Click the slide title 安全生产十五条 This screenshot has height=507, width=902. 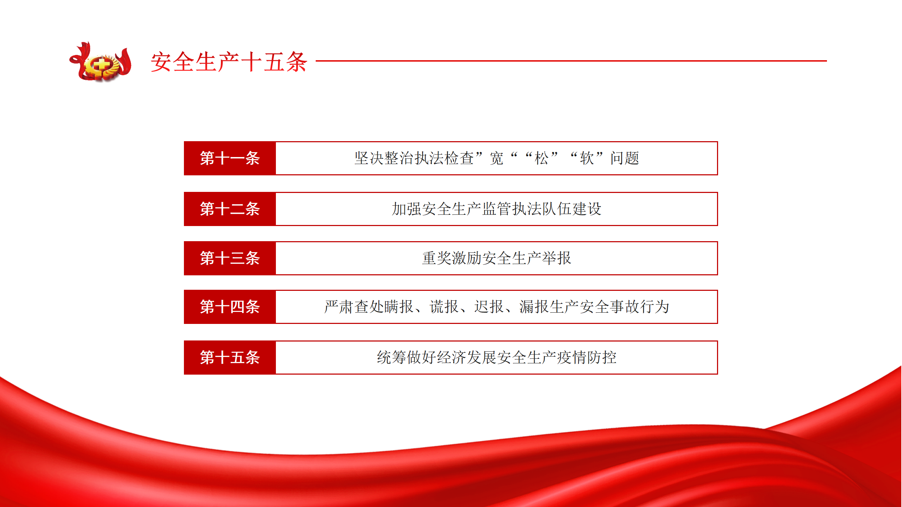(x=229, y=62)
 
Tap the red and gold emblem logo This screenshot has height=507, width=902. (x=100, y=62)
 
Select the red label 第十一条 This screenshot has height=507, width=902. (x=230, y=158)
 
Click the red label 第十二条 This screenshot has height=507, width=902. (x=230, y=209)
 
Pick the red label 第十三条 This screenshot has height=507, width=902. (x=230, y=258)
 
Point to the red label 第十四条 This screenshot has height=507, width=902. (x=230, y=307)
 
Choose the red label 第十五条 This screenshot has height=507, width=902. (x=230, y=357)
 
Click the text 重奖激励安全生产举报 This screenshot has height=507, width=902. (x=496, y=258)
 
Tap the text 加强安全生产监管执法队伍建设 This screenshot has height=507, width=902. (x=496, y=209)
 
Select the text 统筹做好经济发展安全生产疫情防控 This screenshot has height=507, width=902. (x=496, y=357)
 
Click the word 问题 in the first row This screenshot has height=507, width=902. (x=625, y=158)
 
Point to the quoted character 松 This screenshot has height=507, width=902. (x=542, y=158)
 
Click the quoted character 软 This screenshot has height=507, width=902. (x=587, y=158)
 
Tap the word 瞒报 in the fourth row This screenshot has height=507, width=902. (x=399, y=307)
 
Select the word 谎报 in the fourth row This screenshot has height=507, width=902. (x=444, y=307)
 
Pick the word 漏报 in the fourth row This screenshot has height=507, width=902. (x=534, y=307)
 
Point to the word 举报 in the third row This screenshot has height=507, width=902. (x=556, y=258)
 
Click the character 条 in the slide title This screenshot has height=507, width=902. (x=296, y=62)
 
